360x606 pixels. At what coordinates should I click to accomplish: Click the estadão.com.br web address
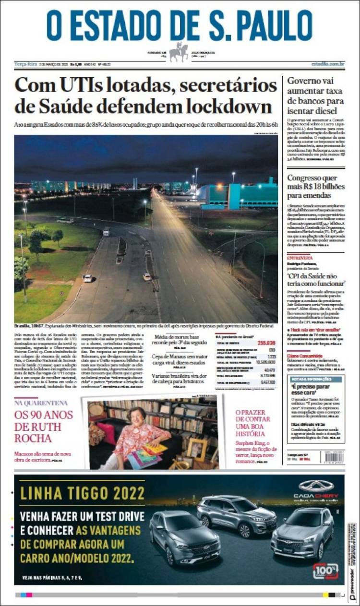pos(327,64)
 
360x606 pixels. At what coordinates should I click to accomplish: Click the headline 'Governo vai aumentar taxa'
pos(315,91)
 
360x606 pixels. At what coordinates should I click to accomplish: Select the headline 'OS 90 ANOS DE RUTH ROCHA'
pos(43,427)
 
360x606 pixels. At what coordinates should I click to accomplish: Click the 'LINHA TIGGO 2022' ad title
pos(82,493)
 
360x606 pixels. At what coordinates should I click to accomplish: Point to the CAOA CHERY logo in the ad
pos(316,489)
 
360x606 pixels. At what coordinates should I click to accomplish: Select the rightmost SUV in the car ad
pos(303,533)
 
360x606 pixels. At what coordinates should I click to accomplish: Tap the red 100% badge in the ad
pos(326,570)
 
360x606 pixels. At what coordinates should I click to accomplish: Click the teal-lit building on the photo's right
pos(240,197)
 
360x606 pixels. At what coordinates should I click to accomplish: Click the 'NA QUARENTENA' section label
pos(41,403)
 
